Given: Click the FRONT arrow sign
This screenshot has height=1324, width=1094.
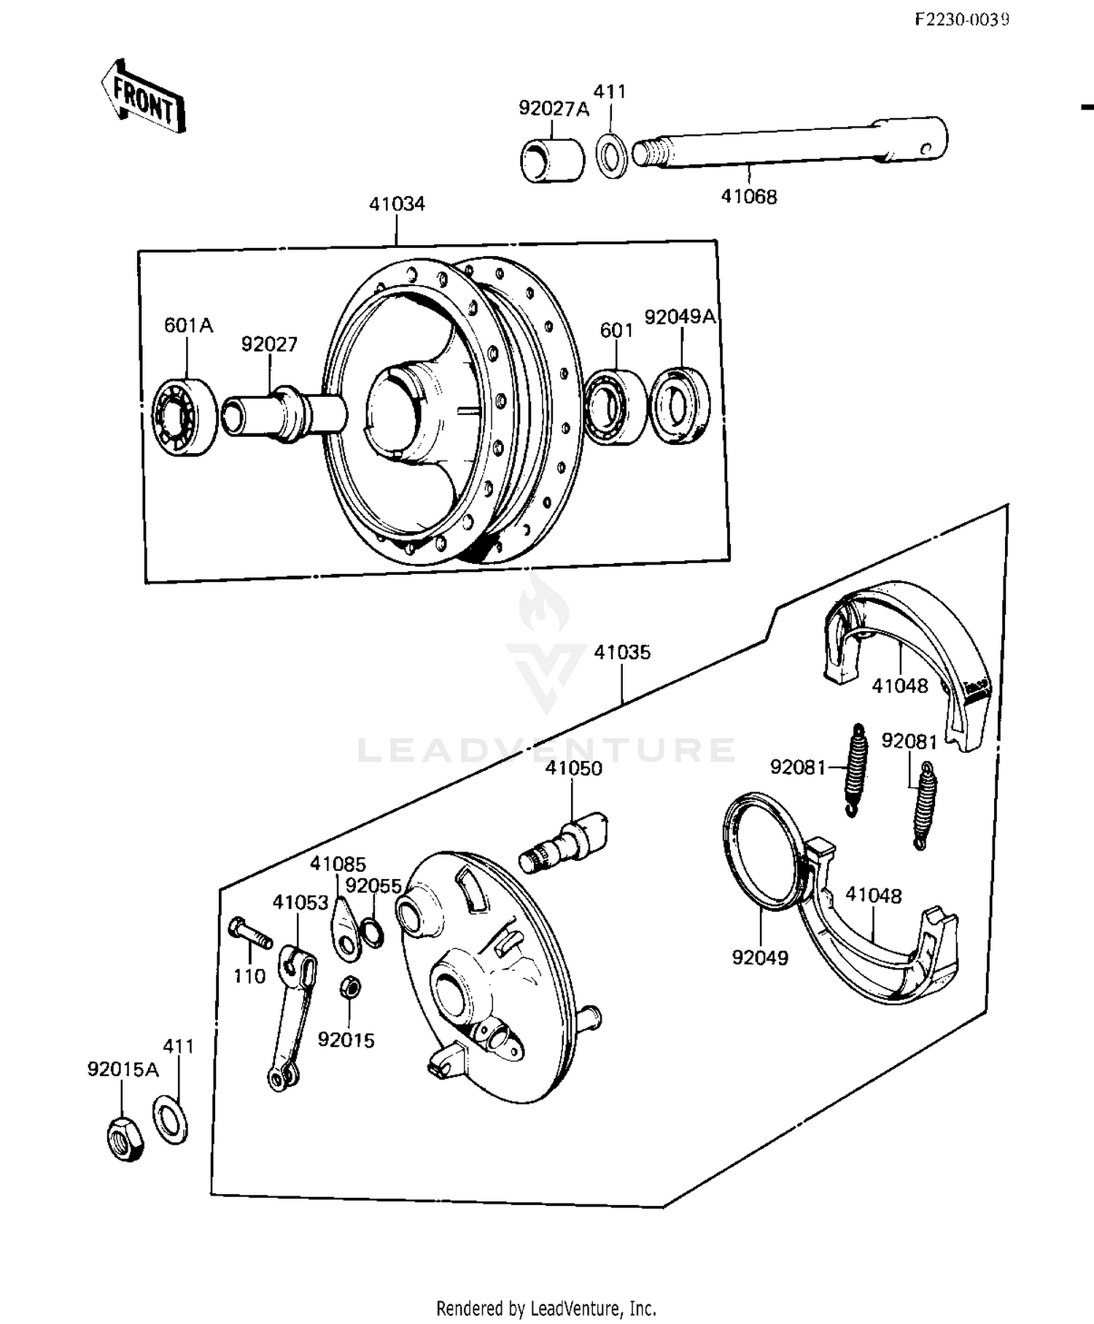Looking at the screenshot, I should pos(144,97).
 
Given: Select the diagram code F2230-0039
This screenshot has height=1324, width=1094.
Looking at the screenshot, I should pos(961,20).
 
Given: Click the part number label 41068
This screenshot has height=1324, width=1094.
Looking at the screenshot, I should pos(749,196).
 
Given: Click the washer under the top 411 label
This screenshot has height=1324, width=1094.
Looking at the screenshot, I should pos(611,155).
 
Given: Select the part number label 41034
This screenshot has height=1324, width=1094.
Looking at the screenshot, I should pos(397,204).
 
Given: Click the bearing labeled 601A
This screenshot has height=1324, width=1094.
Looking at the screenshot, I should pos(185,417).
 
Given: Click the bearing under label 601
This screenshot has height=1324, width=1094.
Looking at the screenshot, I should pos(615,407).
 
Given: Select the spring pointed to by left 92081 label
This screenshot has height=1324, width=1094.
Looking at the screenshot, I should pos(856,770).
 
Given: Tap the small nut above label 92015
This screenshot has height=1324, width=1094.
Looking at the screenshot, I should pos(349,988).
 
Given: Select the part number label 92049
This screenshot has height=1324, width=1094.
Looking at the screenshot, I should pos(760,957).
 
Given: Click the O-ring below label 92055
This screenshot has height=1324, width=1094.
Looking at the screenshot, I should pos(373,933).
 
